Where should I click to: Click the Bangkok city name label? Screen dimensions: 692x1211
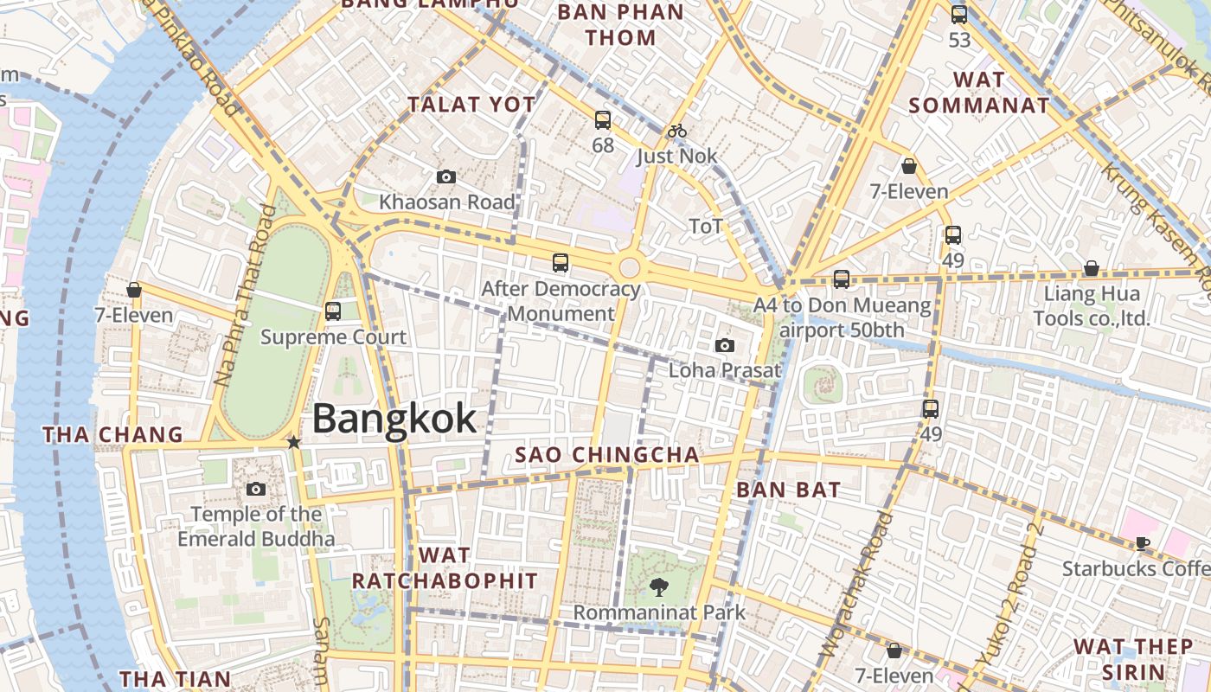click(x=394, y=419)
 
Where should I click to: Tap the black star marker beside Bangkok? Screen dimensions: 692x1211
click(x=293, y=442)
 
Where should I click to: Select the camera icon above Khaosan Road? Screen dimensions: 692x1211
click(x=446, y=177)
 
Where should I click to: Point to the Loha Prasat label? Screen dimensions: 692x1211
click(x=725, y=370)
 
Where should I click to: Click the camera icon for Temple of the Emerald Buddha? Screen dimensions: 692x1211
click(x=255, y=490)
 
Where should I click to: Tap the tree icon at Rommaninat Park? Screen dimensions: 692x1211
click(x=659, y=587)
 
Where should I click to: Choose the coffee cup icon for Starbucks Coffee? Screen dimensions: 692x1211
click(x=1143, y=543)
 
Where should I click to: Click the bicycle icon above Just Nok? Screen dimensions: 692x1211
click(x=677, y=131)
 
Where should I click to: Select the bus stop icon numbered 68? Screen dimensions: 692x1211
click(x=603, y=120)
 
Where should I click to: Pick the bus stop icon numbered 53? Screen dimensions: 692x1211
click(x=959, y=15)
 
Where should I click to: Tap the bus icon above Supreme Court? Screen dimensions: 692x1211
click(x=333, y=311)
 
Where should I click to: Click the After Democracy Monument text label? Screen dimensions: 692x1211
click(x=561, y=300)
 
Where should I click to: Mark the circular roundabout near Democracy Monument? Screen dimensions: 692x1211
click(x=630, y=266)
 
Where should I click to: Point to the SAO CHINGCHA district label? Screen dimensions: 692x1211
click(x=607, y=455)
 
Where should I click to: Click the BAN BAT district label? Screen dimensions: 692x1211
click(x=788, y=490)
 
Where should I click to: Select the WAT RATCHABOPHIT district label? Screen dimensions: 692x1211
click(x=445, y=567)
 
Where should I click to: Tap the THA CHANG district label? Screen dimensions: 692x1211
click(x=113, y=434)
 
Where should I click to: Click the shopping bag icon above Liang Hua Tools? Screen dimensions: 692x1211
click(x=1092, y=269)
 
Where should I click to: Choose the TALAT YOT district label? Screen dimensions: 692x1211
click(x=471, y=105)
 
